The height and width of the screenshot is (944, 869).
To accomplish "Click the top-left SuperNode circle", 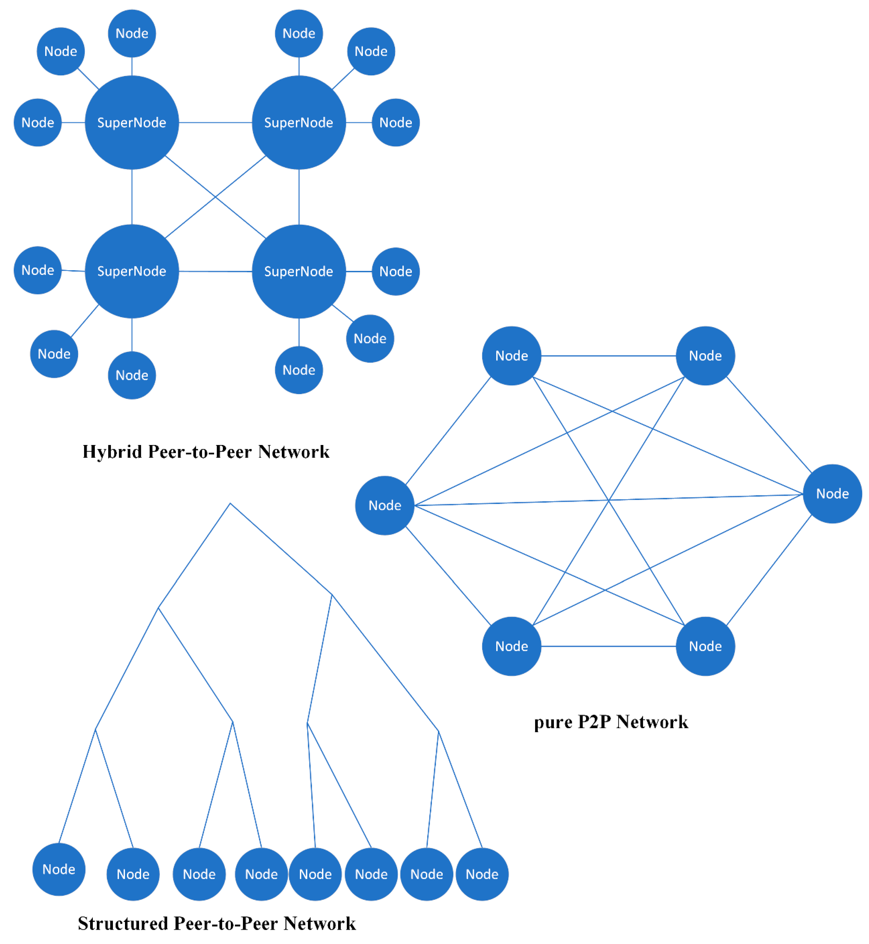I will pos(132,123).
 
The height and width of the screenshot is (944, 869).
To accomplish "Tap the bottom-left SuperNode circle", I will pos(132,271).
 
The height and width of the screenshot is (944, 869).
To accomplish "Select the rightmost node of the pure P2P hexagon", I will pos(832,494).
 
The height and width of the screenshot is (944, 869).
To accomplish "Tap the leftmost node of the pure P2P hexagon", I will pos(385,505).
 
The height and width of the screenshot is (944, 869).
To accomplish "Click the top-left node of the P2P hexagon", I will pos(512,356).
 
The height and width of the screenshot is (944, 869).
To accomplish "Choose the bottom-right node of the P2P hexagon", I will pos(705,647).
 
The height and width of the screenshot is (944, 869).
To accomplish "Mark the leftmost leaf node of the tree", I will pos(59,869).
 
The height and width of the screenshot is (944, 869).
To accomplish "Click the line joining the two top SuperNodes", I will pos(215,123).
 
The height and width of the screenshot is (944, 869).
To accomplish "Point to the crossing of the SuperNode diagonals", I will pos(215,197).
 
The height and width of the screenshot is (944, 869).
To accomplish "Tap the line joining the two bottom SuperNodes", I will pos(215,271).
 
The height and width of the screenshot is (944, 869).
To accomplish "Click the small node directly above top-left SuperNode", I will pos(132,33).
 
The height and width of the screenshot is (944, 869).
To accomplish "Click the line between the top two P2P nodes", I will pos(608,356).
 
